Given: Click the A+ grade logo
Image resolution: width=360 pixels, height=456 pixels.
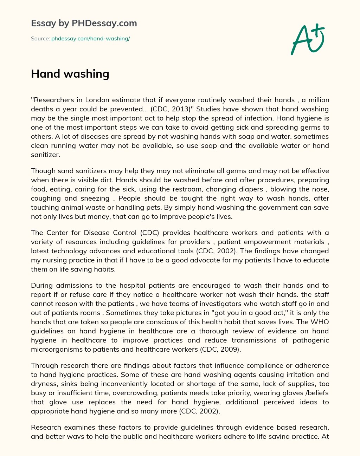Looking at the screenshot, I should [x=307, y=39].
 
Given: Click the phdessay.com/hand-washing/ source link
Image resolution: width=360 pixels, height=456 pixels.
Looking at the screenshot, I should [x=90, y=39].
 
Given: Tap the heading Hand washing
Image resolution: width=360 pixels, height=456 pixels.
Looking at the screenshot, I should [x=70, y=74].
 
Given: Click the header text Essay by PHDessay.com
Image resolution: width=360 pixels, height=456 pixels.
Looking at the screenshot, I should [x=84, y=23].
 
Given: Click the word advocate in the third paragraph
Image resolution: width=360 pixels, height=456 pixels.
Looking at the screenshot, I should [x=195, y=260].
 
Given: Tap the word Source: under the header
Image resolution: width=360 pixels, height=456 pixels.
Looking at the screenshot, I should [x=40, y=39].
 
